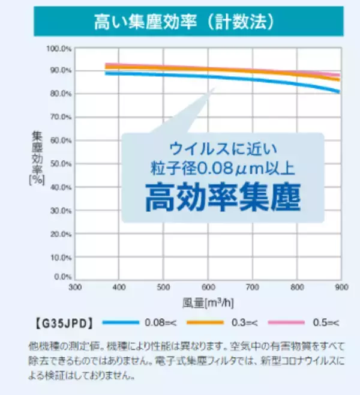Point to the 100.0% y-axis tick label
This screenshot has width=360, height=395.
point(59,47)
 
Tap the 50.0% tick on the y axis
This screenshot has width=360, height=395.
point(61,164)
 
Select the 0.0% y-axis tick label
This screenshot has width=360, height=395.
point(62,277)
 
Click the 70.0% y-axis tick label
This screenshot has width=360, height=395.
point(61,117)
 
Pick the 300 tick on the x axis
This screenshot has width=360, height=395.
point(74,288)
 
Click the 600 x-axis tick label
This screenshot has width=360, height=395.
point(208,288)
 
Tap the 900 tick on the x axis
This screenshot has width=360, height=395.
point(341,288)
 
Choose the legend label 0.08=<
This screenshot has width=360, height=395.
point(159,323)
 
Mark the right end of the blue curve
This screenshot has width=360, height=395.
point(340,91)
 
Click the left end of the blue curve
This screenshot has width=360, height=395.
point(106,73)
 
